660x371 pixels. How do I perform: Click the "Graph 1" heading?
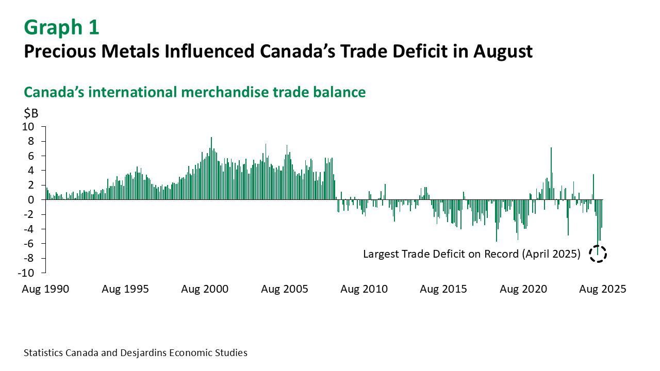(61, 28)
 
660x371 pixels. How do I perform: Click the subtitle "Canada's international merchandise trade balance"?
(195, 92)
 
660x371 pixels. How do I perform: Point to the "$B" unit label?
(31, 113)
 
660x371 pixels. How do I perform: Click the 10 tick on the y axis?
(32, 127)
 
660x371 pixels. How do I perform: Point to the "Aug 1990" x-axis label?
(45, 289)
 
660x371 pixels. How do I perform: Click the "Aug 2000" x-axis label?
(205, 289)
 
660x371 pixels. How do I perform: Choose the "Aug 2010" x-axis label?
(364, 289)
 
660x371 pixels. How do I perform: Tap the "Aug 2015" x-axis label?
(443, 289)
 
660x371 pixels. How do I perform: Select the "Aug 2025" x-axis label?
(603, 289)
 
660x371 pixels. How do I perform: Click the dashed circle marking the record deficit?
(598, 254)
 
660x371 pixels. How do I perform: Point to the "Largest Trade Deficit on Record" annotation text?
(472, 254)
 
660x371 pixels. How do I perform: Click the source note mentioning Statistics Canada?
(136, 353)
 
